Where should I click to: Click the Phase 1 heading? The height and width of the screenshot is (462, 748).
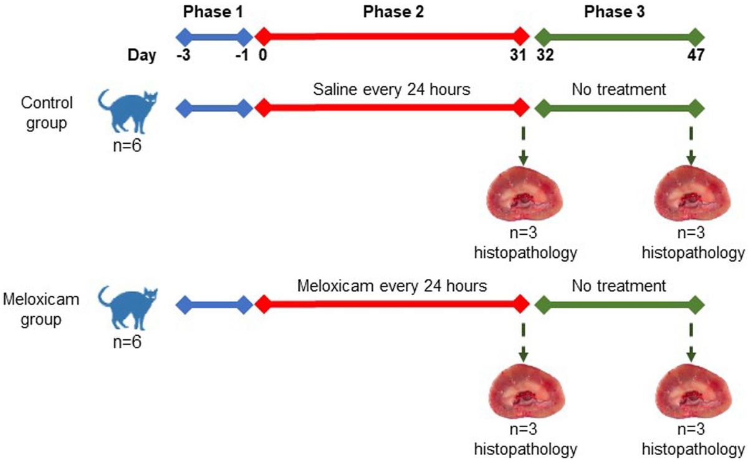pos(213,12)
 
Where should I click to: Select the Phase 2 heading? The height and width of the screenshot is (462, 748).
pos(393,12)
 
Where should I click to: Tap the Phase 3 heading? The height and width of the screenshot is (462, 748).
pos(615,12)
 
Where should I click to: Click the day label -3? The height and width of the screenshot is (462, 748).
pos(184,55)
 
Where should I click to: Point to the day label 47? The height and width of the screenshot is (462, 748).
pos(696,55)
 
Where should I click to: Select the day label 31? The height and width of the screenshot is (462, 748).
pos(518,55)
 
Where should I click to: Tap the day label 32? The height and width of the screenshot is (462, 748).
pos(545,55)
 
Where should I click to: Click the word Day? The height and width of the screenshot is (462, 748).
pos(141,55)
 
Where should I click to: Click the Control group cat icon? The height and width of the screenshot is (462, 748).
pos(128,111)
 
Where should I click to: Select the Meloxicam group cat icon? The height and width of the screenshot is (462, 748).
pos(128,308)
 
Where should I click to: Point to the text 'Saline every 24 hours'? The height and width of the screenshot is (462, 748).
pos(391,90)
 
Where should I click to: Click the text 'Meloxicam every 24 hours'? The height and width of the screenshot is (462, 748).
pos(392,286)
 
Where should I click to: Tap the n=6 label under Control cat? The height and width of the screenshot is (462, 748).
pos(127,146)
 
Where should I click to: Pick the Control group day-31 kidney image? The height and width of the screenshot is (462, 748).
pos(524,194)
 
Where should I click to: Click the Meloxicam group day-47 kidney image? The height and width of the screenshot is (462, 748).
pos(694,391)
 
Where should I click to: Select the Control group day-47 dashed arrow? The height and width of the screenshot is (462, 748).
pos(691,146)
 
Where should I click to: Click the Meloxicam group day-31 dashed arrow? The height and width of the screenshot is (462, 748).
pos(523,342)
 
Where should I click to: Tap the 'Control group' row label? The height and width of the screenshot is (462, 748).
pos(47,113)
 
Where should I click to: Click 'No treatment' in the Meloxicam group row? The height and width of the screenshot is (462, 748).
pos(619,286)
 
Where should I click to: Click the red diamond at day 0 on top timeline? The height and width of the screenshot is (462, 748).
pos(264,37)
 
